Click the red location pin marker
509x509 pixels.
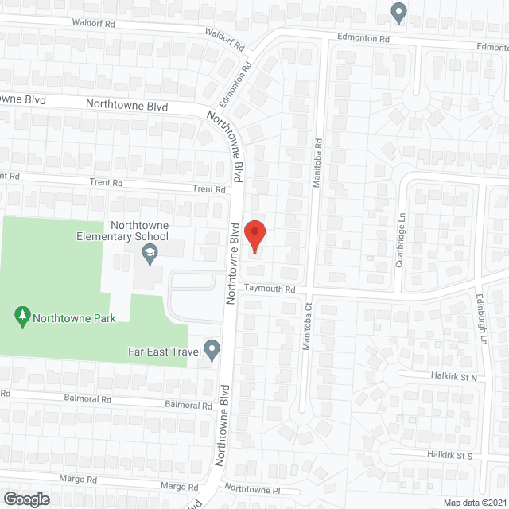point(254,236)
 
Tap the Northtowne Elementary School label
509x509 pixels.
point(122,231)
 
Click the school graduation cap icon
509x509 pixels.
point(149,253)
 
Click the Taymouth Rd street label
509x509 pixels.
point(270,290)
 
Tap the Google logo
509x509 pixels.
point(25,499)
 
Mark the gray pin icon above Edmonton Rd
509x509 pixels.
point(399,12)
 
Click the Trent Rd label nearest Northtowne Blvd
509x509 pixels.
point(209,189)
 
